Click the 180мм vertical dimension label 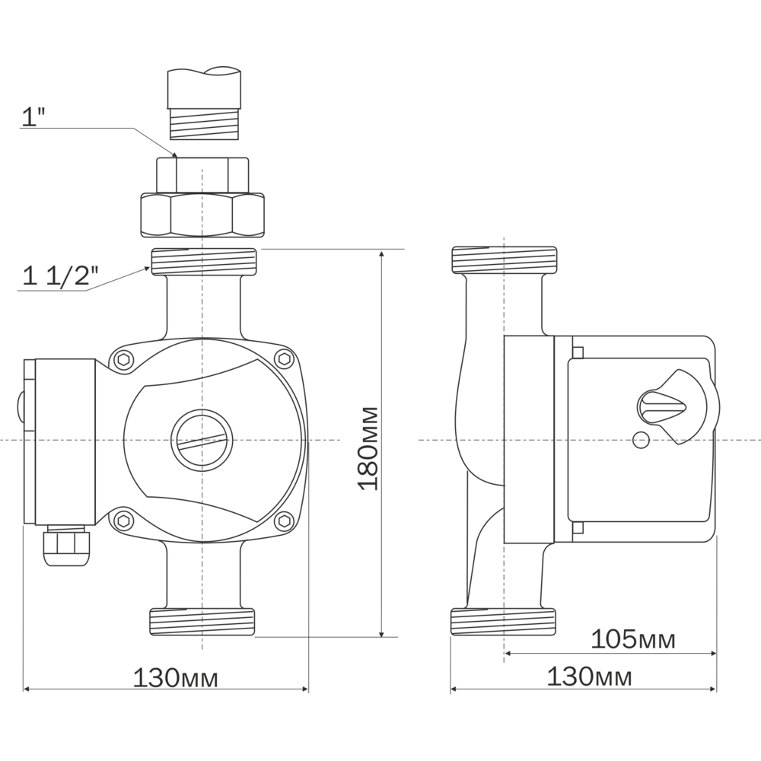[x=368, y=448]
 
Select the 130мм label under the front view [x=175, y=678]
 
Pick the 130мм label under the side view [x=589, y=676]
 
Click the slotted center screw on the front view [x=202, y=440]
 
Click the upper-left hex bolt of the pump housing [x=125, y=360]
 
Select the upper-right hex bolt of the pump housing [x=285, y=359]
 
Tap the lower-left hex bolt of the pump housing [x=125, y=521]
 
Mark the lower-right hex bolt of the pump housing [x=285, y=521]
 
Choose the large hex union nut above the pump [x=203, y=215]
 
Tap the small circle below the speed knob [x=641, y=440]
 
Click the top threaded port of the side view [x=505, y=260]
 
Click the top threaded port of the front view [x=203, y=262]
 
